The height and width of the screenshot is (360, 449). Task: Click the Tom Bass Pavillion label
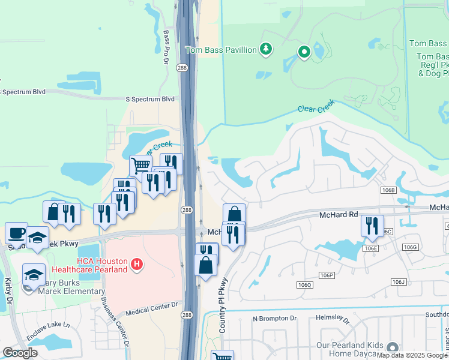point(221,50)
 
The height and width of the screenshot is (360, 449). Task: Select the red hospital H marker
point(137,263)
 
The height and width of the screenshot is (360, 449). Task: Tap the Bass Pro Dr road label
point(166,47)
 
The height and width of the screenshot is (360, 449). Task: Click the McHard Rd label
point(339,214)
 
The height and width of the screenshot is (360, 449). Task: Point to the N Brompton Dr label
point(274,319)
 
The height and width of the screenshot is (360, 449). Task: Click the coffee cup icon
point(16,232)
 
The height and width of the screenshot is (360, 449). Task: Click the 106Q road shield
point(305,284)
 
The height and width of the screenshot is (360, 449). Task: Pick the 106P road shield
point(326,275)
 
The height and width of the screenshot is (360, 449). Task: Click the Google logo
point(20,353)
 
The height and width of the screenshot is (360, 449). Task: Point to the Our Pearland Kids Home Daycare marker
point(393,347)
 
